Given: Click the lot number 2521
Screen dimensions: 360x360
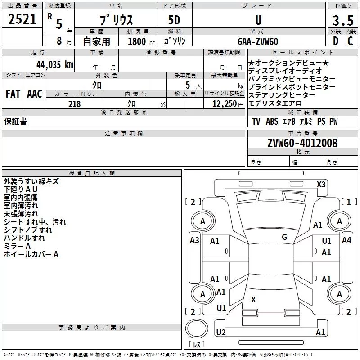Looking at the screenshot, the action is pyautogui.click(x=22, y=19).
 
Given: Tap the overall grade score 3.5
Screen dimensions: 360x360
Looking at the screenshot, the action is pyautogui.click(x=343, y=21).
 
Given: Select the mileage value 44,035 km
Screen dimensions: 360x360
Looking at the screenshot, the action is pyautogui.click(x=55, y=64).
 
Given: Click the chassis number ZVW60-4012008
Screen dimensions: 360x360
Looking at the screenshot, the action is pyautogui.click(x=302, y=143).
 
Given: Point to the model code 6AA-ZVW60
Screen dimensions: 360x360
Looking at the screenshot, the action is pyautogui.click(x=258, y=41).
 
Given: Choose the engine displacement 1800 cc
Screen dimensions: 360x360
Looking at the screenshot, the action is pyautogui.click(x=141, y=41).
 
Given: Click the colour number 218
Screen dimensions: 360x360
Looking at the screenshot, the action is pyautogui.click(x=75, y=104).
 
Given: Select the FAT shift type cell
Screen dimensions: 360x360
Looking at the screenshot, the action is pyautogui.click(x=13, y=94).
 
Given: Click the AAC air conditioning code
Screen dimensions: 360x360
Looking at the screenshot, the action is pyautogui.click(x=35, y=94).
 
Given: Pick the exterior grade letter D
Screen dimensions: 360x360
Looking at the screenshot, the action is pyautogui.click(x=336, y=41).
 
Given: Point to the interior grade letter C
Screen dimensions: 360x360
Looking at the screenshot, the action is pyautogui.click(x=350, y=41).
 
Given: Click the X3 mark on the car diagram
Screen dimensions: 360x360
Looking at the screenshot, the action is pyautogui.click(x=321, y=184).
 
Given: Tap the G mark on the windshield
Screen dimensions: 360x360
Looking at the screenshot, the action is pyautogui.click(x=284, y=237).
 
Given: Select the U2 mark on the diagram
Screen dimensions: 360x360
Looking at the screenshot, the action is pyautogui.click(x=221, y=332).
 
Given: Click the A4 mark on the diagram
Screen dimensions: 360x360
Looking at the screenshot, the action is pyautogui.click(x=346, y=240).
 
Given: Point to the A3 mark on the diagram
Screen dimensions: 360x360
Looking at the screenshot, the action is pyautogui.click(x=194, y=240).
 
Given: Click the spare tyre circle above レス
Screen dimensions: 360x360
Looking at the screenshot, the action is pyautogui.click(x=197, y=328).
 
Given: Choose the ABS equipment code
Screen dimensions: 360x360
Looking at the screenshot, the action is pyautogui.click(x=272, y=121).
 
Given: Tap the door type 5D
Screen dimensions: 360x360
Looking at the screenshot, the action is pyautogui.click(x=174, y=20).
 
